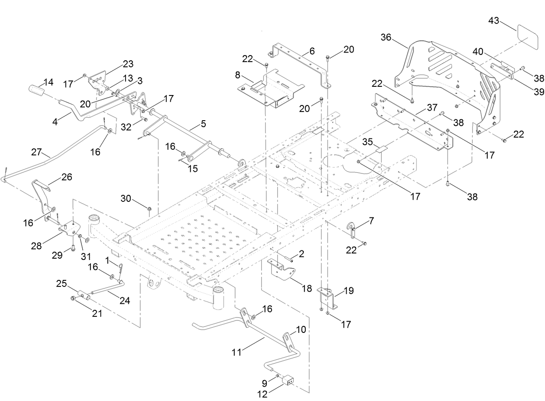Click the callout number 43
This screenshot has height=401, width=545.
pos(494,20)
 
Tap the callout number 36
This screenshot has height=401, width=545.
pos(386,38)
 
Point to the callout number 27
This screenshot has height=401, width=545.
pos(36,153)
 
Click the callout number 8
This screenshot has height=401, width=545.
pos(237,75)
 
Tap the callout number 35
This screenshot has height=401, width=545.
pos(367,141)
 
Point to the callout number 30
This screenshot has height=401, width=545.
pos(126,198)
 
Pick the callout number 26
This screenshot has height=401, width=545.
pos(67,177)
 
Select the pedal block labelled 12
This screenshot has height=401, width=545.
pos(288,380)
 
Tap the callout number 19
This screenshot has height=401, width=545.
pos(349,290)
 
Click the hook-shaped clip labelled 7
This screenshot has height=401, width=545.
pos(353,228)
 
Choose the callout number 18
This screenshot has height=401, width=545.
pos(307,289)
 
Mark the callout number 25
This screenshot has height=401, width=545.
pos(61,284)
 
